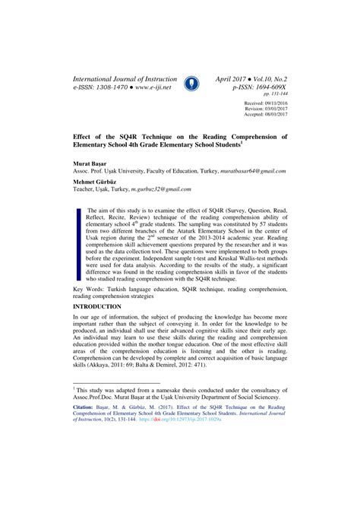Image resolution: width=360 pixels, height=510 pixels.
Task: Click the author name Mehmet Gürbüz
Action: [x=96, y=182]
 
